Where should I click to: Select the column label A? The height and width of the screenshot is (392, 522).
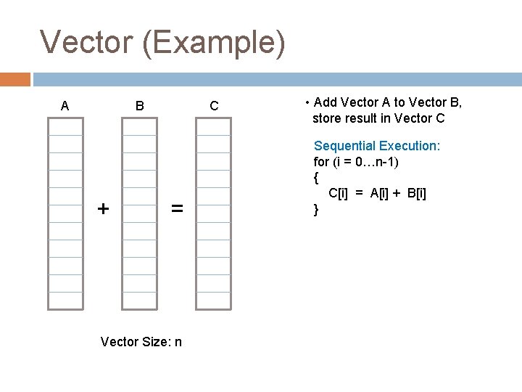tap(65, 106)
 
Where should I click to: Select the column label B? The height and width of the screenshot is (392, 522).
tap(139, 106)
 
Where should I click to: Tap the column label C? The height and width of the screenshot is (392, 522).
tap(214, 106)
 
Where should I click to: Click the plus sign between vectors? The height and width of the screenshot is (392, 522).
tap(104, 209)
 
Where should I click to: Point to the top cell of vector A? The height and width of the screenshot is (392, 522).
tap(65, 126)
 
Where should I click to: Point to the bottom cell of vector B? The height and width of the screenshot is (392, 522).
tap(139, 301)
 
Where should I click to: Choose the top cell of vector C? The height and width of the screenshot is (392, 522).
tap(214, 126)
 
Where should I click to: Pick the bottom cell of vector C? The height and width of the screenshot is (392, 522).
tap(214, 301)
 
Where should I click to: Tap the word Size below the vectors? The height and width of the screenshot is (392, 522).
tap(154, 341)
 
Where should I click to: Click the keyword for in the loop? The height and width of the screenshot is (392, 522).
tap(320, 161)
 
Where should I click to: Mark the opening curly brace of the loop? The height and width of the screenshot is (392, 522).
tap(316, 177)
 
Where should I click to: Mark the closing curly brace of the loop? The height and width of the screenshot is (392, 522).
tap(316, 209)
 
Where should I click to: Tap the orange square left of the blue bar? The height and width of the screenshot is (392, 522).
tap(15, 79)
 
